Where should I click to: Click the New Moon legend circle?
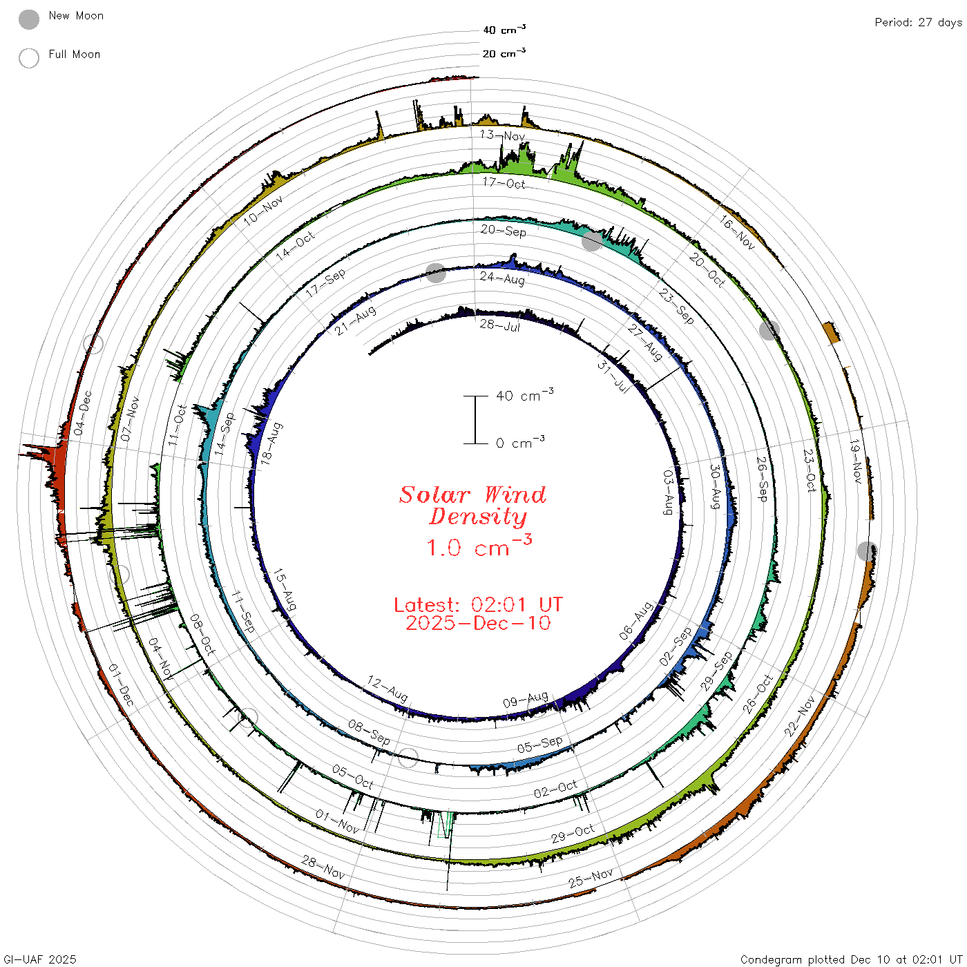(28, 19)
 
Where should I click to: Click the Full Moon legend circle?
(28, 58)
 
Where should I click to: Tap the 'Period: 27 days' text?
(918, 23)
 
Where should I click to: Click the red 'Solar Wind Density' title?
(472, 506)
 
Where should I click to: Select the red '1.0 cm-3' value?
(479, 546)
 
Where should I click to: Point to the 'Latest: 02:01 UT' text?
(478, 604)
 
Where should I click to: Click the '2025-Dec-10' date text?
(478, 623)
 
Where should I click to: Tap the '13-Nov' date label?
(502, 135)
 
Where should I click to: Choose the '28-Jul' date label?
(499, 325)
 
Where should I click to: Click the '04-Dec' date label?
(83, 413)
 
